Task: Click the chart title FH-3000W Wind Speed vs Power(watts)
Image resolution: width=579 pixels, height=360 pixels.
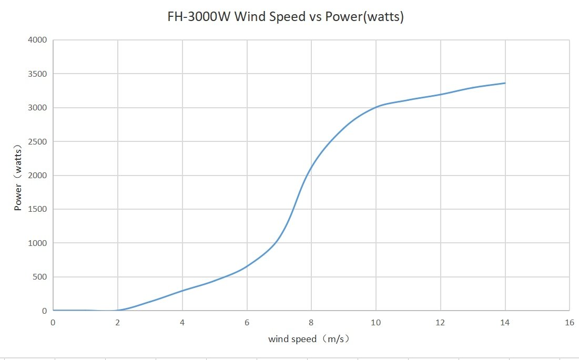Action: point(285,17)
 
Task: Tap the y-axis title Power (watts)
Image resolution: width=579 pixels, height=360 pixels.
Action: point(18,175)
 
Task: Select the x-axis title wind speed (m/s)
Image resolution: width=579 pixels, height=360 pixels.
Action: point(309,339)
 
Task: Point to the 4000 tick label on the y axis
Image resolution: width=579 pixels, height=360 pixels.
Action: point(37,40)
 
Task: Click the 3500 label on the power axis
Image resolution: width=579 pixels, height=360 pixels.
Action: point(37,74)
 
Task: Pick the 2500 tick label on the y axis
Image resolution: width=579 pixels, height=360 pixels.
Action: point(37,142)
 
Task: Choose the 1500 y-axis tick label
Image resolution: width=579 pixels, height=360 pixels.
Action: point(37,209)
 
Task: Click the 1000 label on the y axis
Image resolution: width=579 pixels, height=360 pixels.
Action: point(37,243)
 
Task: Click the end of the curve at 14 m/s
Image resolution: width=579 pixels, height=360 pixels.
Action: point(505,83)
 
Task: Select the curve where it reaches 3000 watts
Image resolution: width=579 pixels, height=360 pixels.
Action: point(375,107)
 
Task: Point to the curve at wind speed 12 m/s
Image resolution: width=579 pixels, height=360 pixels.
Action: point(440,95)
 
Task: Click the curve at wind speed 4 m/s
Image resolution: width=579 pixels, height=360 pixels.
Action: point(182,290)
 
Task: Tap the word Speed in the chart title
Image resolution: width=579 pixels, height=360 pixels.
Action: point(287,17)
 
